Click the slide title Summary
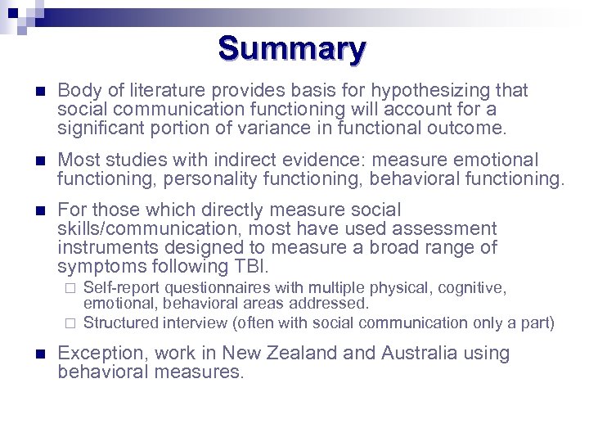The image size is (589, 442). pos(292,49)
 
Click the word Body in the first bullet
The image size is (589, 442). pos(76,91)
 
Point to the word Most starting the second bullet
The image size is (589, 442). pos(77,160)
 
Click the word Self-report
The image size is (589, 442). pos(121,288)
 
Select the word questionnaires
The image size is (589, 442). pos(222,288)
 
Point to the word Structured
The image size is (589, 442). pos(120,323)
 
